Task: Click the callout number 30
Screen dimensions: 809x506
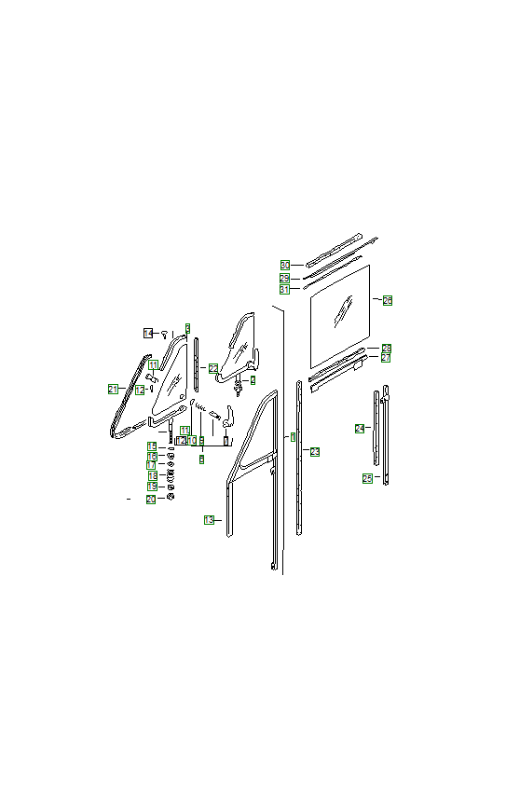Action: (x=284, y=266)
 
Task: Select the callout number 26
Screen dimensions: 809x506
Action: (x=387, y=300)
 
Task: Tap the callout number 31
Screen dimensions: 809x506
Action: (x=284, y=289)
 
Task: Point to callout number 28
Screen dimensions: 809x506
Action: (x=386, y=348)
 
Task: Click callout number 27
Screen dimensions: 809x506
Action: (x=386, y=358)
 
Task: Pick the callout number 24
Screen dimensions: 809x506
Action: (x=360, y=429)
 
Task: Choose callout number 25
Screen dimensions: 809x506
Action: (x=367, y=478)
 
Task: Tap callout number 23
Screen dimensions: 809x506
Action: (x=315, y=452)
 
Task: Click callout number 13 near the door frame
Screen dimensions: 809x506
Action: (x=209, y=520)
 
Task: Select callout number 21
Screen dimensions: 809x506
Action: (x=113, y=389)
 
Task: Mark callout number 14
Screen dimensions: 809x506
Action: (x=148, y=333)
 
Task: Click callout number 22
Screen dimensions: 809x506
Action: (x=213, y=369)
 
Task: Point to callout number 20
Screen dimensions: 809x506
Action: (x=151, y=500)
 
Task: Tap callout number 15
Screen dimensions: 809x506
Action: (x=151, y=447)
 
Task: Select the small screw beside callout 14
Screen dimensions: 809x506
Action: (x=164, y=333)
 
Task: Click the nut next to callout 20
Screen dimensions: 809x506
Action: (x=171, y=498)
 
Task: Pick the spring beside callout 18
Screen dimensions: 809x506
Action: (x=171, y=476)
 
